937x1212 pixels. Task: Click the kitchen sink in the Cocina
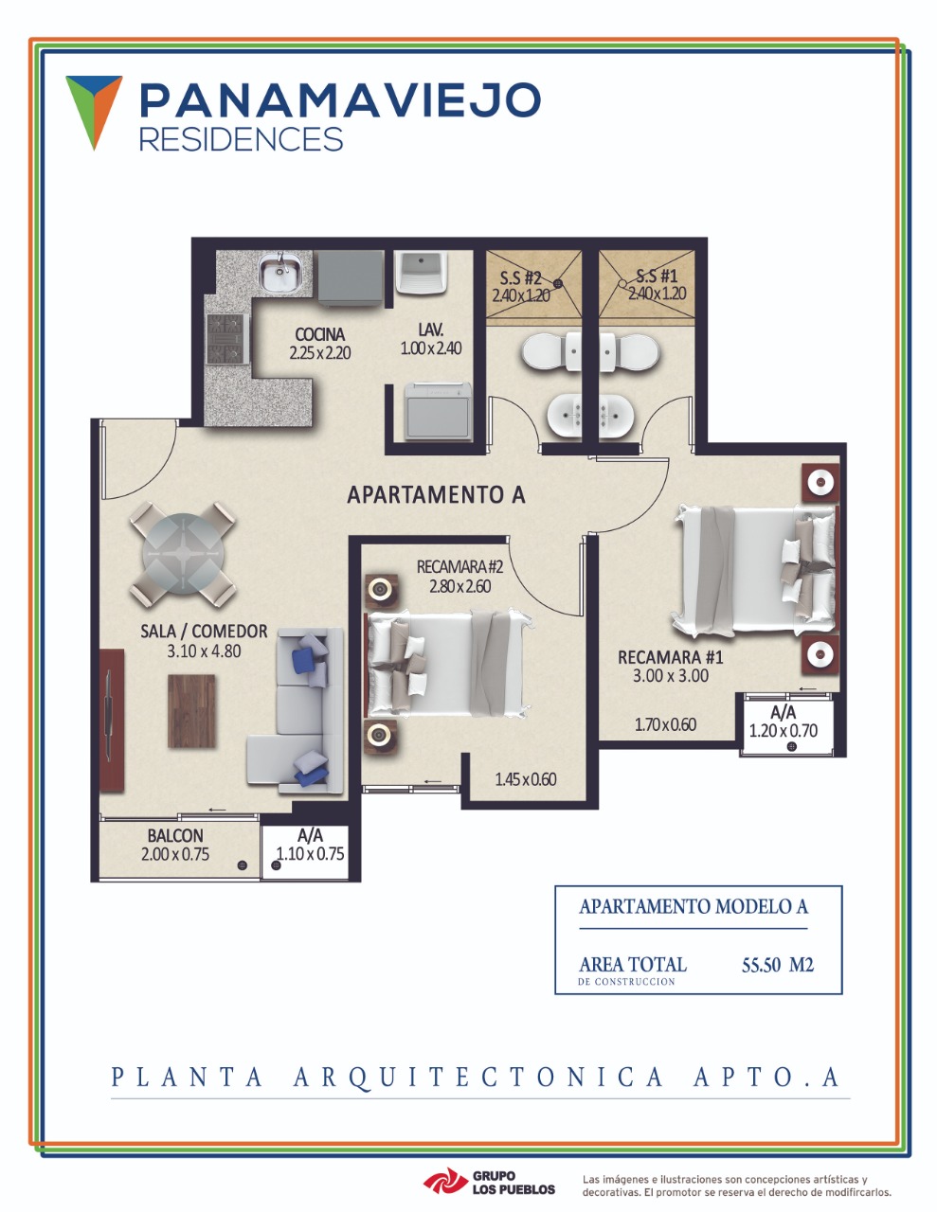(280, 272)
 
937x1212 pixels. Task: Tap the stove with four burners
(227, 339)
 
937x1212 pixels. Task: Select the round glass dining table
(183, 554)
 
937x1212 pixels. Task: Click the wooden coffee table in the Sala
(191, 711)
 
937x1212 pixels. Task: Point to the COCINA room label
(320, 334)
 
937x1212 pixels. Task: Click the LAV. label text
(431, 330)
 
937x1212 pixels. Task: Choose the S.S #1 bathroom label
(657, 276)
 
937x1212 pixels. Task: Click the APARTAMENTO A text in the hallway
(436, 494)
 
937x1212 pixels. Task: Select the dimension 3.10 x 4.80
(204, 651)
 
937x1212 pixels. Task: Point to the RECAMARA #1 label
(670, 657)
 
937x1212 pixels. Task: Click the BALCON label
(175, 835)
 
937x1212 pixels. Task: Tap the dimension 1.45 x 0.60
(526, 779)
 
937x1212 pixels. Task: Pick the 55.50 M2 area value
(778, 965)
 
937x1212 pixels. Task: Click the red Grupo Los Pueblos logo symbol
(444, 1182)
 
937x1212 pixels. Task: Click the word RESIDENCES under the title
(241, 139)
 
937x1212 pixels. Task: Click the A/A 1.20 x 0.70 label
(783, 722)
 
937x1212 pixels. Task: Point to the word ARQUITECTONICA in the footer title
(478, 1077)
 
